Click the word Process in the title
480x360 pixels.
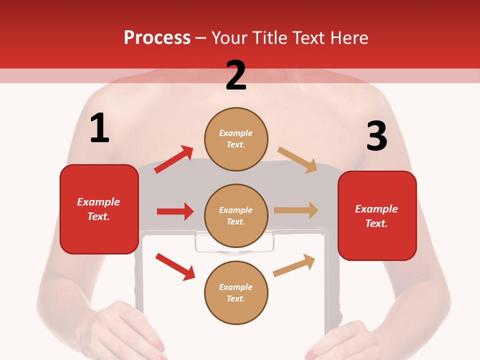click(157, 37)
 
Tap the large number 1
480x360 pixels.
click(99, 128)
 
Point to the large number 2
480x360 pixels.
click(236, 75)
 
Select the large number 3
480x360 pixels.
click(376, 136)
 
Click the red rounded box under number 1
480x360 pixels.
click(99, 209)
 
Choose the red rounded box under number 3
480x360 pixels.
click(377, 216)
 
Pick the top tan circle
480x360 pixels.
click(236, 138)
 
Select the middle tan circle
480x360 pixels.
click(236, 215)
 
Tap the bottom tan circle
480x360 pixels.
click(236, 292)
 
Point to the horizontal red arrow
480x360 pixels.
click(175, 211)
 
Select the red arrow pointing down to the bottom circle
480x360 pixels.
click(175, 266)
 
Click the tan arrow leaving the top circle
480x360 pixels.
click(297, 159)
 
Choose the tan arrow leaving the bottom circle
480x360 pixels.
click(294, 265)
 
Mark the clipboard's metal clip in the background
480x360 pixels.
click(235, 243)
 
